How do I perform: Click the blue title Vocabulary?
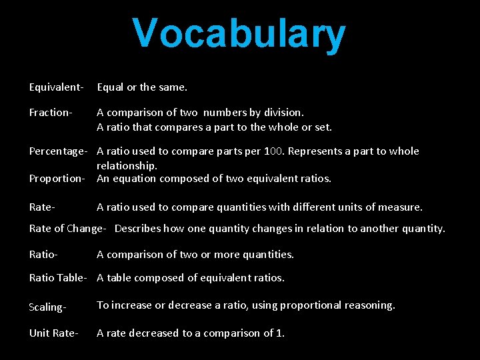click(239, 33)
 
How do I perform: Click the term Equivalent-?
click(56, 87)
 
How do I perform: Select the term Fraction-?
click(51, 113)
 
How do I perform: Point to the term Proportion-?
click(57, 179)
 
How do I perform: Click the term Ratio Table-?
click(58, 278)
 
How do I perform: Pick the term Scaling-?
click(48, 307)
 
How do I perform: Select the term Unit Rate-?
click(54, 333)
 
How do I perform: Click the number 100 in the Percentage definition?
click(274, 151)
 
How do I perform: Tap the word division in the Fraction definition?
click(284, 113)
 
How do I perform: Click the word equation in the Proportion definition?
click(133, 179)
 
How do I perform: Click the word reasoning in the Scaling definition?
click(369, 305)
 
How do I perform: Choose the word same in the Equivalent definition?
click(171, 87)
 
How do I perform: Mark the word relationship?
click(127, 165)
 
